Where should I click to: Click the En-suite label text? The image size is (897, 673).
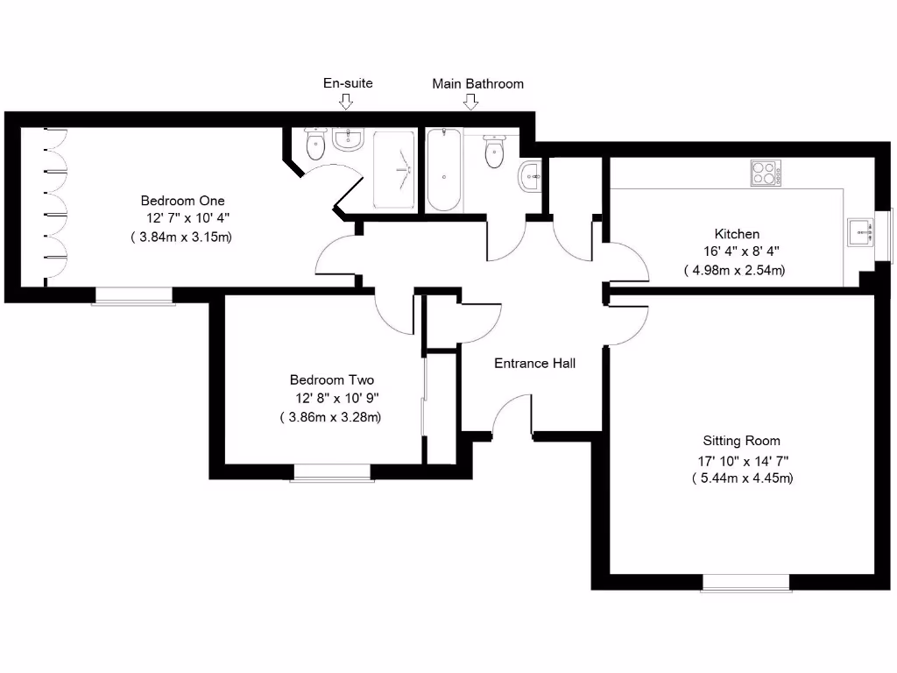tap(348, 83)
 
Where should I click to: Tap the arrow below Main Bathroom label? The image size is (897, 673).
tap(471, 102)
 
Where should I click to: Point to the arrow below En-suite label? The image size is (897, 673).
tap(346, 102)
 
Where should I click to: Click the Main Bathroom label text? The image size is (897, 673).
tap(477, 84)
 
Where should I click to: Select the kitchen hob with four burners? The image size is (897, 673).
tap(765, 173)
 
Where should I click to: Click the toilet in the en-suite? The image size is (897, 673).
tap(315, 144)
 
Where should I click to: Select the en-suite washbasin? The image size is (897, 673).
tap(348, 138)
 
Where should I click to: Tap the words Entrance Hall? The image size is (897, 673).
tap(534, 363)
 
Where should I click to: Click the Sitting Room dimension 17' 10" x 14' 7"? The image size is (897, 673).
tap(741, 461)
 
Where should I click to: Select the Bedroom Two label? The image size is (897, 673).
tap(332, 380)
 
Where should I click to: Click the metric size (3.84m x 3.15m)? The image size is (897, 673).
tap(181, 237)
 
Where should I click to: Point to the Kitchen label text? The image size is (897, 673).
tap(737, 234)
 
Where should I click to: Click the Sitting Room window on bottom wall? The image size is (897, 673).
tap(745, 582)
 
